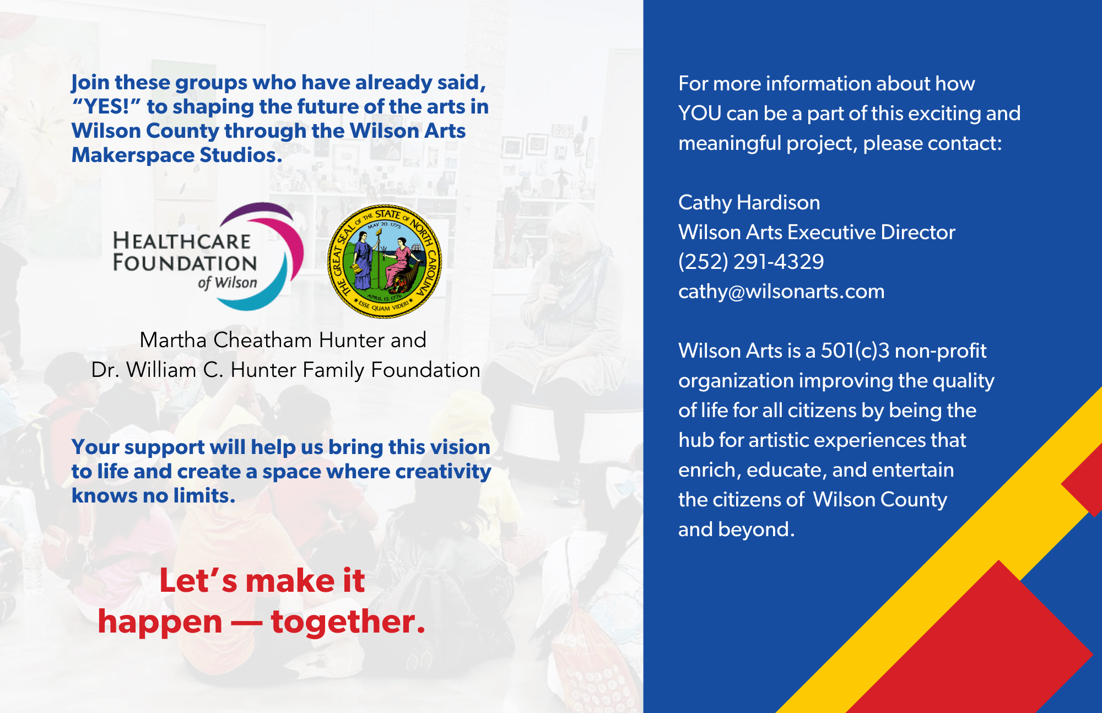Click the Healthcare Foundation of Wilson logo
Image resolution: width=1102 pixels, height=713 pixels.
208,257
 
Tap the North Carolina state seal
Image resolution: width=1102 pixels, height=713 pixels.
385,261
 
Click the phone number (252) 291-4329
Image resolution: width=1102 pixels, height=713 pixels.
751,262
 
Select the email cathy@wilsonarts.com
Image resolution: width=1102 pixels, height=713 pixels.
781,291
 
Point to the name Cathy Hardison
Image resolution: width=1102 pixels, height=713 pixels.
749,203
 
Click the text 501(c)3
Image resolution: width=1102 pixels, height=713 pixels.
855,351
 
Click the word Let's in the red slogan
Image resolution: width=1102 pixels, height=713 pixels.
198,581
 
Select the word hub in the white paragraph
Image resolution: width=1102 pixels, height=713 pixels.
695,440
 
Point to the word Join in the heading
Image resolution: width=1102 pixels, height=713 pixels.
90,83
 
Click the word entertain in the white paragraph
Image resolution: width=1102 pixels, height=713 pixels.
912,470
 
